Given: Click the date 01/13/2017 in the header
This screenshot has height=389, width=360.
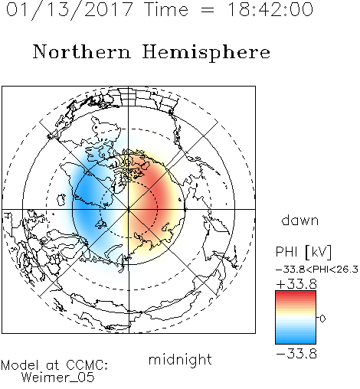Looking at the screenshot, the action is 70,10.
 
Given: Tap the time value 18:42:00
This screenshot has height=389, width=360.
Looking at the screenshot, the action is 270,9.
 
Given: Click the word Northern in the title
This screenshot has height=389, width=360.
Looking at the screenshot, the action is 82,51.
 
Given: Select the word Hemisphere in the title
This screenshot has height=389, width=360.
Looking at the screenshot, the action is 206,53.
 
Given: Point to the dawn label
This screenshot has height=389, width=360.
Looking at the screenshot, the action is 300,220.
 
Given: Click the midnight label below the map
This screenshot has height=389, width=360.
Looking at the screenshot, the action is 180,359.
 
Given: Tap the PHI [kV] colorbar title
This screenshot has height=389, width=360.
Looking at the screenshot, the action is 303,252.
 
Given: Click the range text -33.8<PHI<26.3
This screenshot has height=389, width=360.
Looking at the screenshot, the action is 317,270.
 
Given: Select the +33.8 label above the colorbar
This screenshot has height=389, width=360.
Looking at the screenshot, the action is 296,284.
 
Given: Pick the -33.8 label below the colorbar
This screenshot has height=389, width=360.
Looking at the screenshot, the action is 296,354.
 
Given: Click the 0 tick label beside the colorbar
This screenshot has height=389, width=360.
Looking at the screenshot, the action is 322,319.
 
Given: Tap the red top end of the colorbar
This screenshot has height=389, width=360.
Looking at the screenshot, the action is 296,293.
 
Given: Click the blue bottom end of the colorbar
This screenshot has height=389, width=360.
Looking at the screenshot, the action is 296,342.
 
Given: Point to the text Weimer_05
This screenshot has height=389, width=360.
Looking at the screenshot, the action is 58,377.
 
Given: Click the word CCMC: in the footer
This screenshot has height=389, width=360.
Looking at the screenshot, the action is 87,365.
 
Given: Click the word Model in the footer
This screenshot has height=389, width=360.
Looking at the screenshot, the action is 20,365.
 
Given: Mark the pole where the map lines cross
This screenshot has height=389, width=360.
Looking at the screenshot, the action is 129,209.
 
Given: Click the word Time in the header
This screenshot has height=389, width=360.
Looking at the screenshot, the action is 166,9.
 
